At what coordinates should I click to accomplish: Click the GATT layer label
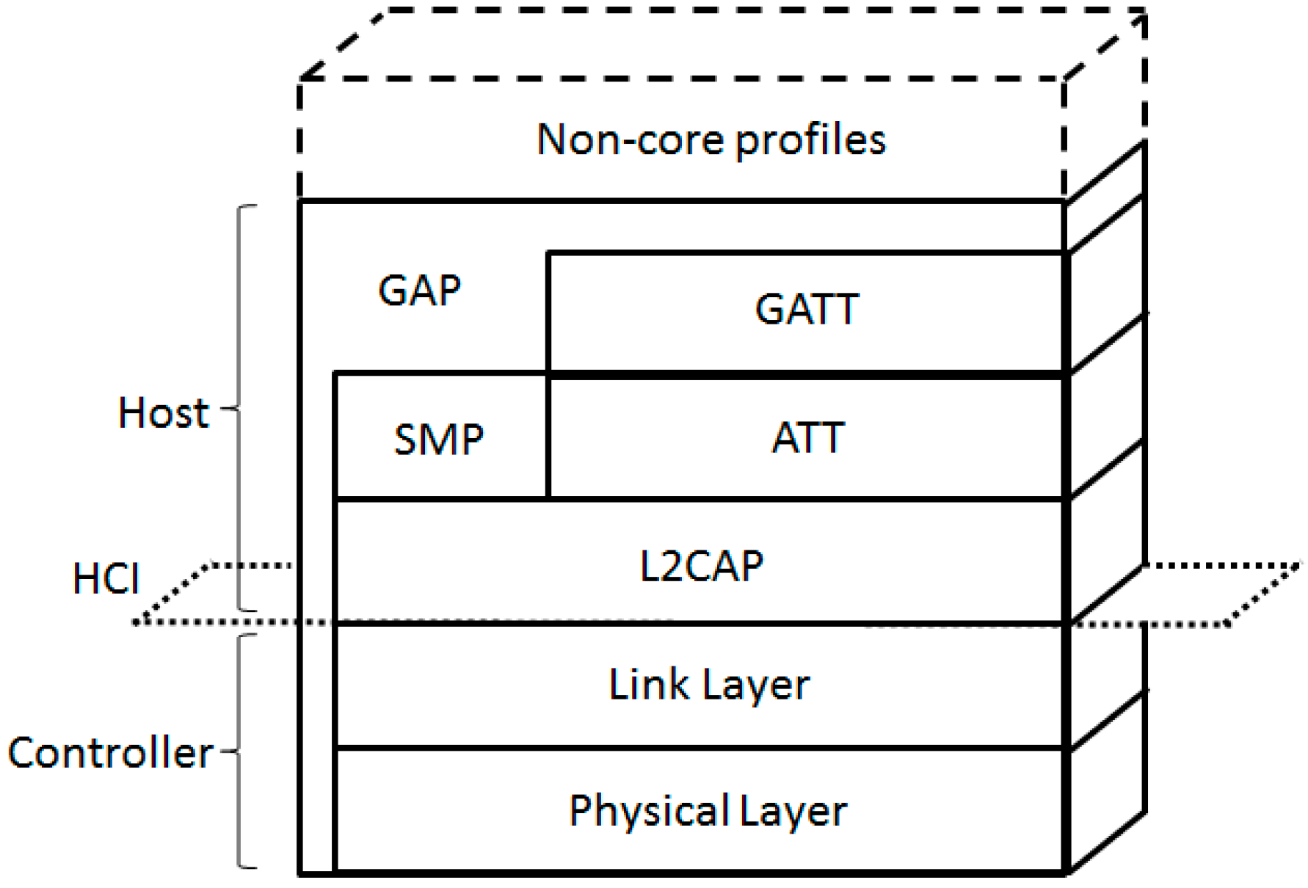click(807, 309)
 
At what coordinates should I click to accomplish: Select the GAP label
click(419, 290)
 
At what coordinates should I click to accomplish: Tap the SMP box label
click(439, 440)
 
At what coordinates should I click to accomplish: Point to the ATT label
click(808, 438)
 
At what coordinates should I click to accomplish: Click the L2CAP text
click(701, 567)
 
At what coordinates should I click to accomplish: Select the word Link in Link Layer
click(649, 684)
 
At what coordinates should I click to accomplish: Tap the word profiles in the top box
click(811, 139)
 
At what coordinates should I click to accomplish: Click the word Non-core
click(632, 139)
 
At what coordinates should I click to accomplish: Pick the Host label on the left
click(164, 412)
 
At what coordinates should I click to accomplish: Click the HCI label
click(106, 578)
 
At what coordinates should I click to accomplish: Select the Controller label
click(110, 753)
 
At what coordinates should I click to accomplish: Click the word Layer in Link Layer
click(755, 684)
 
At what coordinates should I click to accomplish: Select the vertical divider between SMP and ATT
click(548, 437)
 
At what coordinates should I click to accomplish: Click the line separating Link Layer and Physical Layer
click(697, 748)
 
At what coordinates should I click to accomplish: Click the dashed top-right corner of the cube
click(1142, 12)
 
